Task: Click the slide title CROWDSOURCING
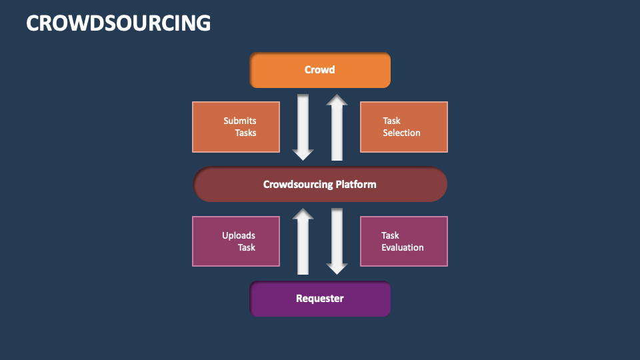pos(118,23)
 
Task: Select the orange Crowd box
pos(320,70)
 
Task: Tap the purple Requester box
pos(320,299)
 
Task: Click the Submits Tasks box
pos(236,127)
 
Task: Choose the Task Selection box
pos(404,127)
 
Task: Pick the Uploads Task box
pos(236,241)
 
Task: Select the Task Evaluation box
pos(404,241)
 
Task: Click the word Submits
pos(240,121)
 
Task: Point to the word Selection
pos(401,133)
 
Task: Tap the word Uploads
pos(239,235)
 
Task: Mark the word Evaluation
pos(402,247)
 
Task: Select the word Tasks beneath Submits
pos(245,133)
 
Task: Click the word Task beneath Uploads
pos(247,247)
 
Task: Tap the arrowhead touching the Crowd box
pos(337,100)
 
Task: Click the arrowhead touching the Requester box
pos(337,268)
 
